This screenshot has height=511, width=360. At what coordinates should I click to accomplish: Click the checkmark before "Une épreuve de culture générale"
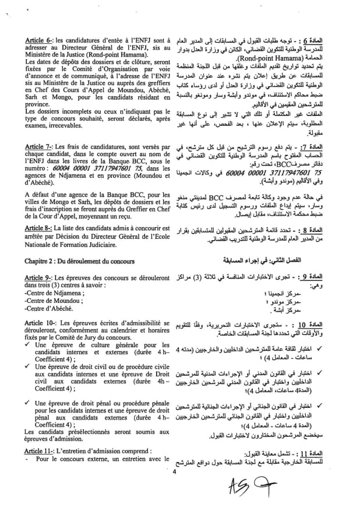(x=22, y=346)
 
